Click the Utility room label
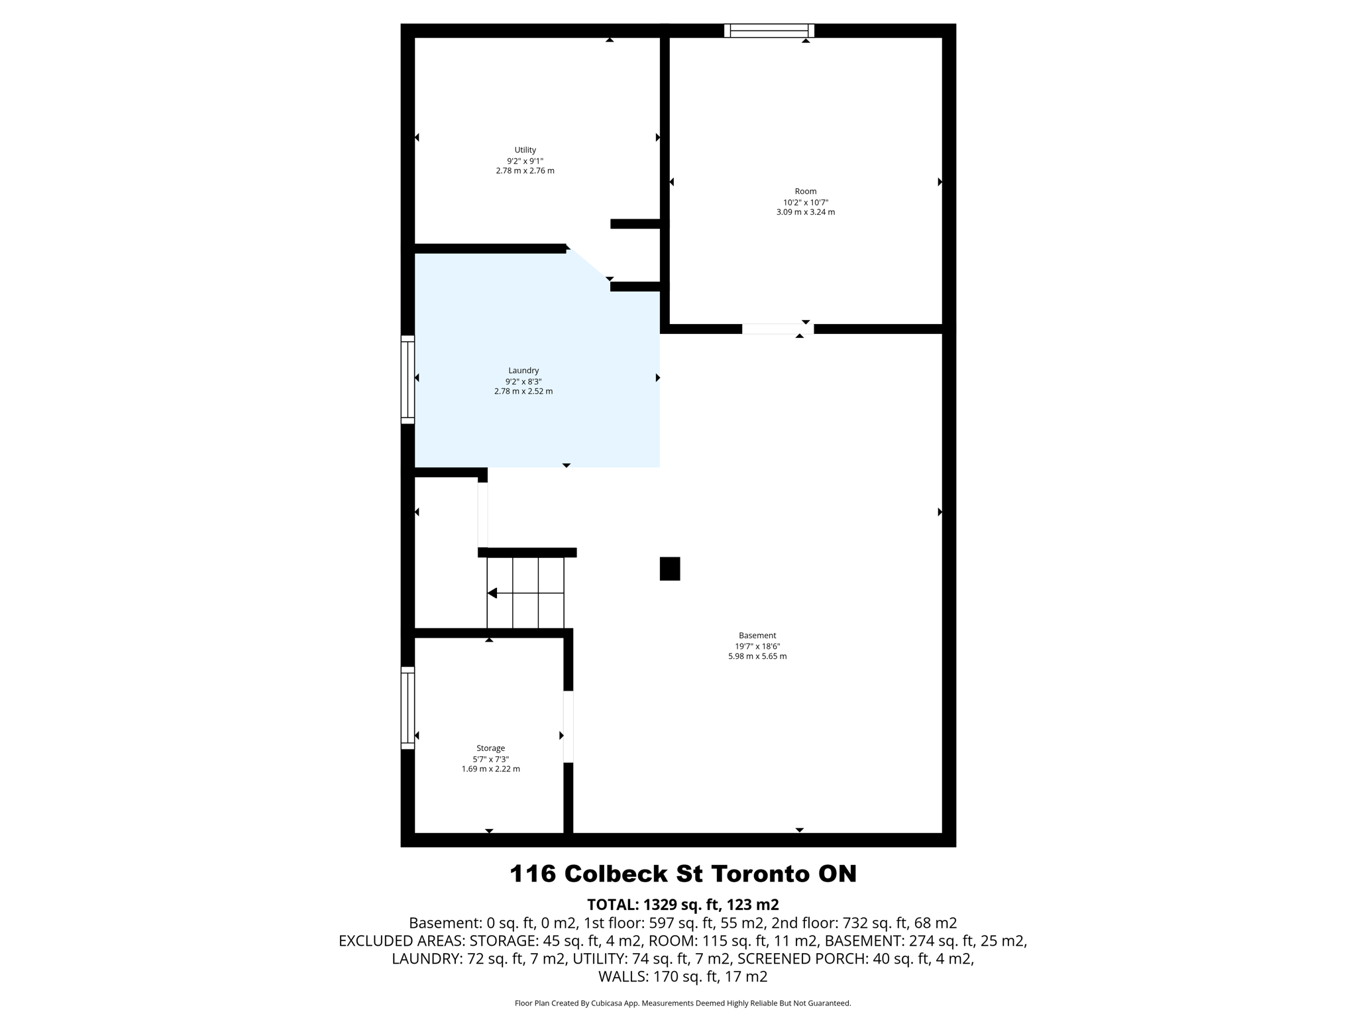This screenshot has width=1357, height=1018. point(525,150)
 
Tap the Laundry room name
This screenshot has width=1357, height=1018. point(523,370)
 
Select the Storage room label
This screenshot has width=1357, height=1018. point(490,748)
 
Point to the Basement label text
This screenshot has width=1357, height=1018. point(757,636)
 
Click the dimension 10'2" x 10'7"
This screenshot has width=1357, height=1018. point(805,203)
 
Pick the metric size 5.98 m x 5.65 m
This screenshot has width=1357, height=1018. point(757,656)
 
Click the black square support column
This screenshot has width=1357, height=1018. point(669,569)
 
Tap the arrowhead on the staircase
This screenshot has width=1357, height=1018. point(492,593)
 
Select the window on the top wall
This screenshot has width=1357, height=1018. point(769,30)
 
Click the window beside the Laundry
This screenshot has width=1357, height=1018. point(407,379)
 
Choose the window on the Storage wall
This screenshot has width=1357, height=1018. point(407,708)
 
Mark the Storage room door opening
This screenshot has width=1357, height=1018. point(568,726)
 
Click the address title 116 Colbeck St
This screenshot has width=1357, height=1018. point(682,874)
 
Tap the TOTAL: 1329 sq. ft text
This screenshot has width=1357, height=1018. point(682,905)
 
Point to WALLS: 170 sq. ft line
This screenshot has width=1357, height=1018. point(682,976)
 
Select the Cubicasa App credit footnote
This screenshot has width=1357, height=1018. point(682,1003)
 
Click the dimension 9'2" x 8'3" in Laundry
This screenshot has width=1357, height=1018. point(523,382)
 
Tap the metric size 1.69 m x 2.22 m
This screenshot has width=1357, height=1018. point(490,769)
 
